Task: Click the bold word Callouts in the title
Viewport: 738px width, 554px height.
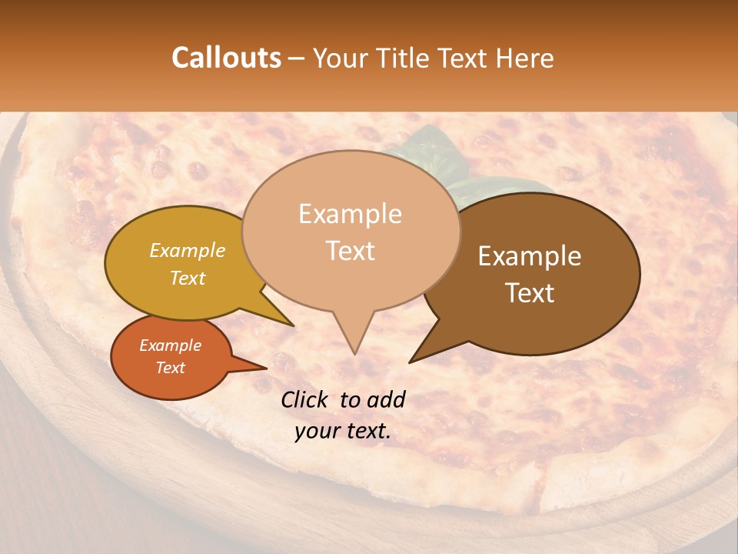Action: [226, 58]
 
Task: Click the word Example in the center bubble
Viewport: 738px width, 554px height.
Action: [350, 214]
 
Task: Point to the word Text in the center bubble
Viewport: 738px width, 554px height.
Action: [350, 251]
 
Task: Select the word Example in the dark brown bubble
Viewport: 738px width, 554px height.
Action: [530, 256]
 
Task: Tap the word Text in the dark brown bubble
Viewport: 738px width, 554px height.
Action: [530, 293]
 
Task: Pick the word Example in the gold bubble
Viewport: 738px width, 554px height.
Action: [187, 250]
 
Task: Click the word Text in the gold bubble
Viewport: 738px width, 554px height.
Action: [187, 278]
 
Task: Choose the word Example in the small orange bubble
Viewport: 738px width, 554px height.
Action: [170, 345]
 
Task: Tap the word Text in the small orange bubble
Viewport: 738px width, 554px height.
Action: [170, 368]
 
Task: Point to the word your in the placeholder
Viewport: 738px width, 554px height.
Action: [317, 431]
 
